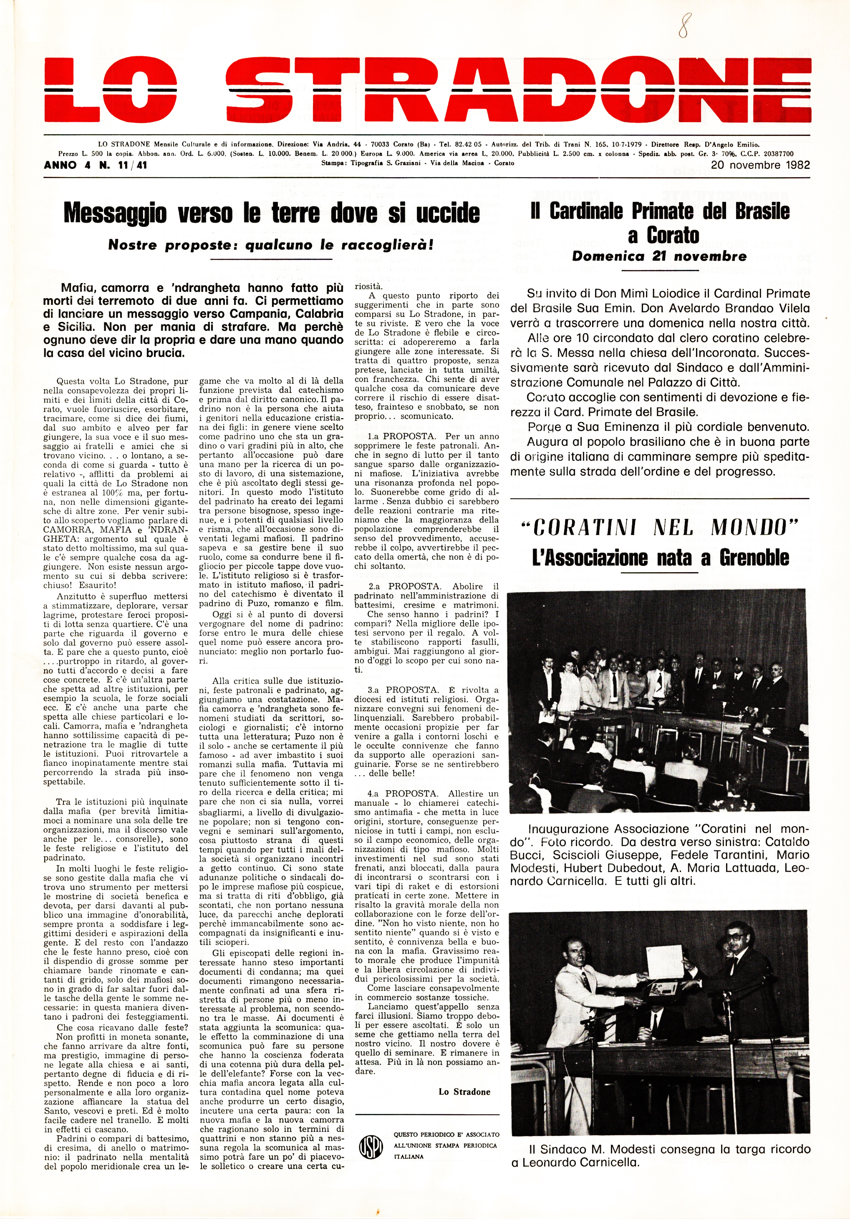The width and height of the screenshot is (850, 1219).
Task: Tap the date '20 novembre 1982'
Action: (x=760, y=165)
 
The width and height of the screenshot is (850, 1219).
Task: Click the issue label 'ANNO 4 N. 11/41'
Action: (x=96, y=165)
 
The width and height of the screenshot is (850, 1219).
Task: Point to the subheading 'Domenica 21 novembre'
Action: (x=659, y=256)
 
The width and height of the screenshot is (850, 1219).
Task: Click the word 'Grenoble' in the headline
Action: (x=754, y=558)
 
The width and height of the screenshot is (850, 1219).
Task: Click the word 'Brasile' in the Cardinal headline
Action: (x=763, y=211)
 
